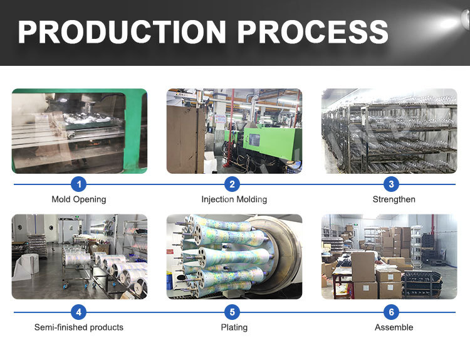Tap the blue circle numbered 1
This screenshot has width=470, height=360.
click(x=78, y=184)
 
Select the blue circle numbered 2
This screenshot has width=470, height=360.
click(x=234, y=184)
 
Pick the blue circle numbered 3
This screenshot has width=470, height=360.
click(x=392, y=184)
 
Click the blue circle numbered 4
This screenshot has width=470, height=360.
click(x=78, y=312)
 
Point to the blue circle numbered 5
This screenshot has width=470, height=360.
click(x=234, y=312)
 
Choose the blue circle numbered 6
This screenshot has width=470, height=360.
click(x=392, y=312)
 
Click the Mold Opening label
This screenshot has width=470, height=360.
click(x=78, y=199)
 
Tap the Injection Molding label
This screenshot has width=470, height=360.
click(x=234, y=199)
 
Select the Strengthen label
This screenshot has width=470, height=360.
click(x=394, y=199)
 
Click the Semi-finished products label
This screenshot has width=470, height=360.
click(x=78, y=327)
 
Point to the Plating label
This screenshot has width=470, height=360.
click(x=234, y=327)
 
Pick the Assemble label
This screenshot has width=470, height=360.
click(x=394, y=327)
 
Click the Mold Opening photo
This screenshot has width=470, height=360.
click(x=79, y=131)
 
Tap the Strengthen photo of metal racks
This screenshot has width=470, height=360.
click(x=389, y=131)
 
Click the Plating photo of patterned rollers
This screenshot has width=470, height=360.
click(x=234, y=257)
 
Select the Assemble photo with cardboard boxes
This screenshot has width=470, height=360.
click(x=389, y=257)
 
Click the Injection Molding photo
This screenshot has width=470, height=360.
click(x=234, y=131)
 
